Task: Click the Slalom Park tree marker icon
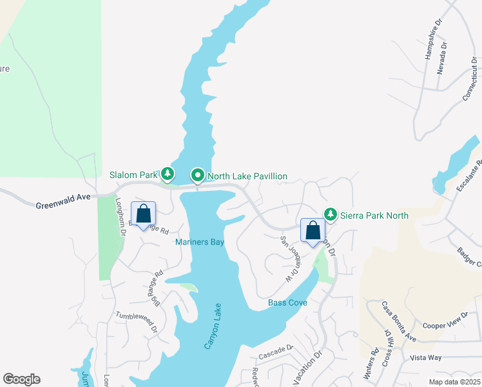click(x=168, y=174)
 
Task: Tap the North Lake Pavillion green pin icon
click(x=197, y=175)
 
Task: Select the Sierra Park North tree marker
click(x=331, y=213)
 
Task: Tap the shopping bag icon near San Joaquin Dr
click(x=313, y=230)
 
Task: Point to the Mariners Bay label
click(x=200, y=243)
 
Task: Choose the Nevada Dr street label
click(x=441, y=57)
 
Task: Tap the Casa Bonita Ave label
click(x=398, y=321)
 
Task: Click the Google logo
click(x=21, y=379)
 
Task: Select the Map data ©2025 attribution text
click(x=454, y=382)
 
